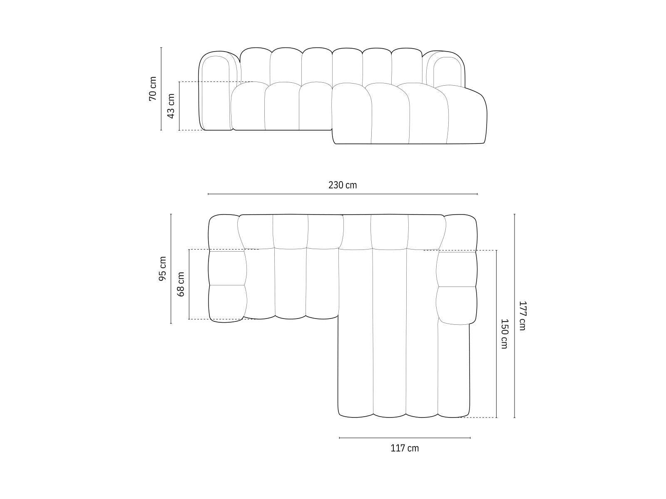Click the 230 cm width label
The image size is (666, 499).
click(342, 185)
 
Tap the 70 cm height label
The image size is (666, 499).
click(153, 89)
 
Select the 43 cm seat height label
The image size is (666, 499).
click(171, 106)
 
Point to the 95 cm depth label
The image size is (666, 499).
click(162, 269)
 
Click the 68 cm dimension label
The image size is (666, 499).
click(181, 284)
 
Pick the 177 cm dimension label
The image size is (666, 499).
click(522, 316)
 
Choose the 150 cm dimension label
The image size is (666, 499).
click(504, 333)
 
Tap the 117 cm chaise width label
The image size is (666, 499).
click(405, 448)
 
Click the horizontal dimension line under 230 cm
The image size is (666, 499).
click(342, 194)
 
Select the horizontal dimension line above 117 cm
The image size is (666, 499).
click(405, 438)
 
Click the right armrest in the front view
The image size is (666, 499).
click(445, 71)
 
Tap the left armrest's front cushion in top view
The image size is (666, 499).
click(227, 303)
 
